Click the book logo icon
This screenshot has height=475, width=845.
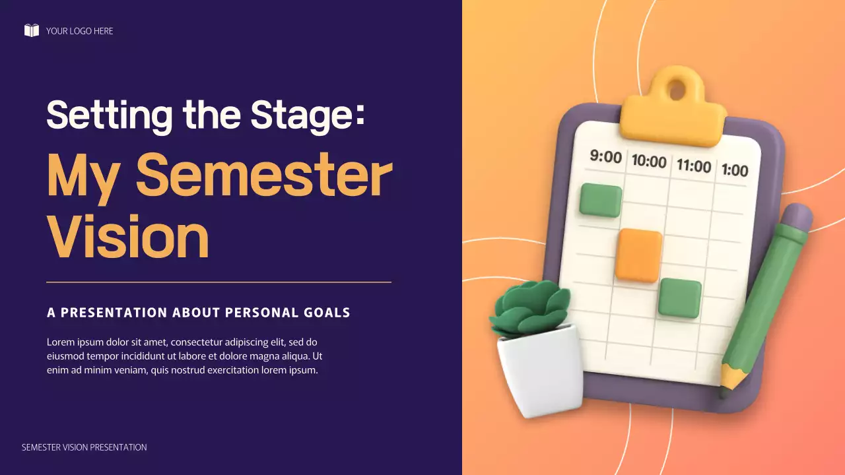pos(31,30)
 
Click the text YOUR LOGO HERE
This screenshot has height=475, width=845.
pos(79,31)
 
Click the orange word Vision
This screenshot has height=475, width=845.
pos(127,237)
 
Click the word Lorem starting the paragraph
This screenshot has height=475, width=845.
pos(60,342)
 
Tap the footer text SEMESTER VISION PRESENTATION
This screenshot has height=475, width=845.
pos(84,447)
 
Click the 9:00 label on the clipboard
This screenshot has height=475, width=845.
pos(605,157)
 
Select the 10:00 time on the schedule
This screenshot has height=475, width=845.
pos(649,160)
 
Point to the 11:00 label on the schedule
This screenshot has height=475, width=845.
pos(693,165)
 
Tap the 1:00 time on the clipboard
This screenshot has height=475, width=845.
pos(735,170)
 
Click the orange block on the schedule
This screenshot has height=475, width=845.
pos(638,255)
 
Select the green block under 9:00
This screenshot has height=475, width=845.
pos(601,201)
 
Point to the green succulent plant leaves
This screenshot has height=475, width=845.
pos(529,310)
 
